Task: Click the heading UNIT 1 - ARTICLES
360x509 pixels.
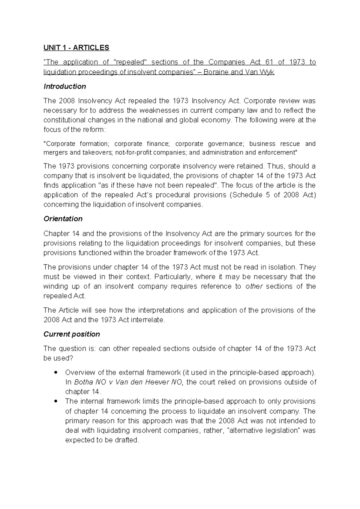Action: (76, 48)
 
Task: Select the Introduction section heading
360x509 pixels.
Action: (64, 86)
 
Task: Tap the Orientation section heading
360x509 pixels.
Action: (63, 219)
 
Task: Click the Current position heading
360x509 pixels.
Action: (71, 334)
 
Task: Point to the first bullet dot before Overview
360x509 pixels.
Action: (55, 373)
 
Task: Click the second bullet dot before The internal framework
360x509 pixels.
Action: (55, 402)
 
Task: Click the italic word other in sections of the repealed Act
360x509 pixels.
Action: (254, 286)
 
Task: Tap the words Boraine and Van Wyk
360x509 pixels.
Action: (239, 72)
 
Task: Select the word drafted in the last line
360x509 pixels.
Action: (128, 440)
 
